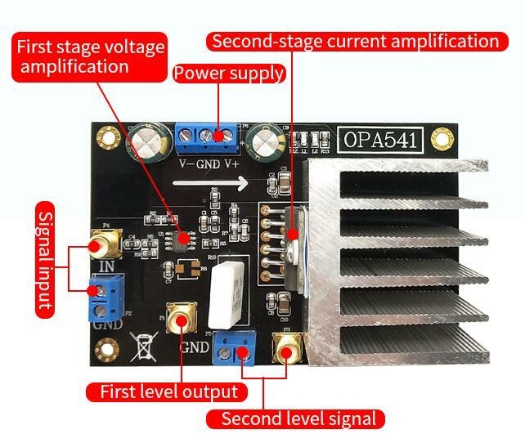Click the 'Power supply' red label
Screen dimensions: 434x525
click(x=228, y=74)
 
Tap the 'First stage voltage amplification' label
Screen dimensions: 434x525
click(x=89, y=56)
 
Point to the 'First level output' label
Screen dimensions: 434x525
click(x=168, y=391)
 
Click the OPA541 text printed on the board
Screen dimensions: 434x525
click(x=379, y=140)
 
